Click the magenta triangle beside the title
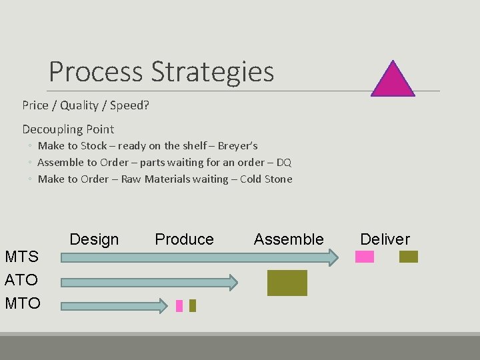(x=393, y=81)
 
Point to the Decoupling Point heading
(x=68, y=129)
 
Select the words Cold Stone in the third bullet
(x=266, y=179)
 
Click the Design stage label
(x=94, y=239)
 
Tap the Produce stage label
(x=184, y=239)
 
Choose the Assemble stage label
(x=289, y=239)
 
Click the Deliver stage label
(x=385, y=239)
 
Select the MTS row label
(x=21, y=257)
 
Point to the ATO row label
(x=21, y=280)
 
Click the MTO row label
(x=22, y=303)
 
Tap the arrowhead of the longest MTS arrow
(x=333, y=257)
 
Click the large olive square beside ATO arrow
(x=287, y=283)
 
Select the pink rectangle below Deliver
(x=365, y=257)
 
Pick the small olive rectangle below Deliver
(x=408, y=257)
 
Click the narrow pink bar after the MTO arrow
(x=179, y=306)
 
